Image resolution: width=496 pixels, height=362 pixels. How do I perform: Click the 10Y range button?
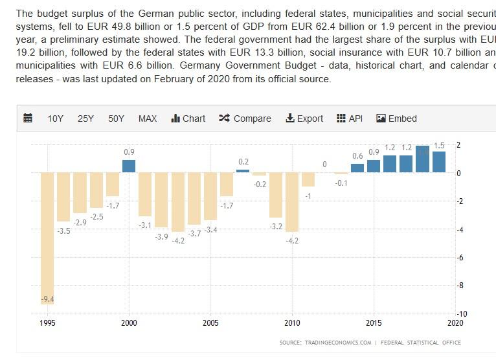click(x=55, y=119)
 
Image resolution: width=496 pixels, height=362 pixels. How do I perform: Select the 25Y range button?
click(x=85, y=119)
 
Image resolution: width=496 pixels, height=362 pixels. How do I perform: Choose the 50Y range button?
click(x=116, y=119)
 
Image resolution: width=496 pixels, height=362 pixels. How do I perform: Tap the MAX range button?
click(x=148, y=119)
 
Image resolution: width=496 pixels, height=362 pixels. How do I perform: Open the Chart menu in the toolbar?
click(x=188, y=119)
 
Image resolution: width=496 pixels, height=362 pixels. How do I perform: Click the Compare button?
click(x=245, y=119)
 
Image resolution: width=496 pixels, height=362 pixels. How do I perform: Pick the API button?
click(x=350, y=119)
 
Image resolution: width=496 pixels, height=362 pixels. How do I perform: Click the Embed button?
click(x=396, y=119)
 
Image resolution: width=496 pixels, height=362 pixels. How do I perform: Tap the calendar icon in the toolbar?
click(x=28, y=119)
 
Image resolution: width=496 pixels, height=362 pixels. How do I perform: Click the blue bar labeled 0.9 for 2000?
click(x=129, y=166)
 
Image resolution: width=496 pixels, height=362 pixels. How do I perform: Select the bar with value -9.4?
click(x=47, y=236)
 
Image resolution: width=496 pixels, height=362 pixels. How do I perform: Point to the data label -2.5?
click(x=96, y=217)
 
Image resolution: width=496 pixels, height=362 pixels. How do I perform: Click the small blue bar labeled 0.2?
click(x=243, y=171)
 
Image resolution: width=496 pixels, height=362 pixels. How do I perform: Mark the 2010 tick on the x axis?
click(x=292, y=322)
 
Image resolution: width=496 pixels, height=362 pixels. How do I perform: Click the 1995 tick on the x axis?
click(x=47, y=322)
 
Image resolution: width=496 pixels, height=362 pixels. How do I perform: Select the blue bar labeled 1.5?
click(x=439, y=161)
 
